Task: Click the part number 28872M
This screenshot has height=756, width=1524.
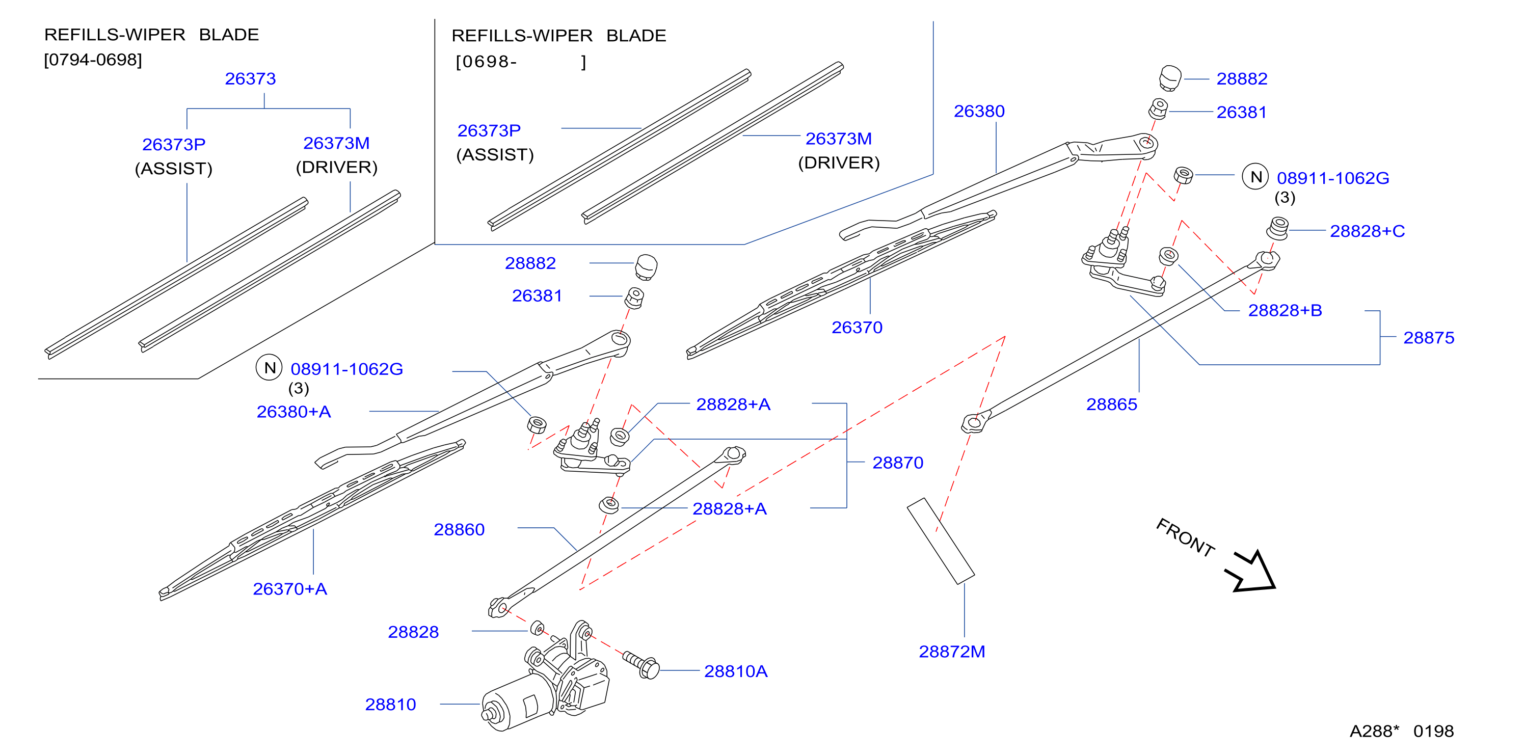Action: [x=952, y=651]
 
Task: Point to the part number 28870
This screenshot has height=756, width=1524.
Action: [x=897, y=463]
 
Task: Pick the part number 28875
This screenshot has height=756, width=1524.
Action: [x=1429, y=338]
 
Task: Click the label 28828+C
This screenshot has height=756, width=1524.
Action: [x=1367, y=231]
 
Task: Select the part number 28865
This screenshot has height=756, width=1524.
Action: [x=1112, y=404]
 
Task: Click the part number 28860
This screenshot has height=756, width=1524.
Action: [x=459, y=529]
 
